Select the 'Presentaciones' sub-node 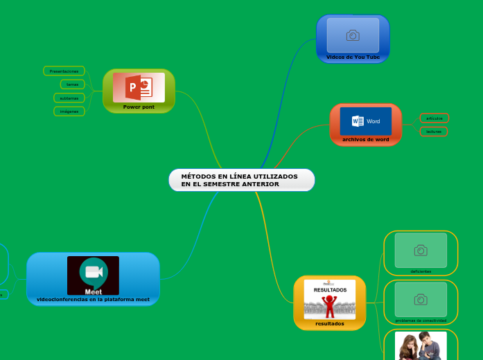(x=64, y=71)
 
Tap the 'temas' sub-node (x=72, y=84)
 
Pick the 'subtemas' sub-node (x=69, y=98)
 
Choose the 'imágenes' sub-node (x=69, y=111)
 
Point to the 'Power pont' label (x=139, y=107)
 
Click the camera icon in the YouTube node (x=353, y=35)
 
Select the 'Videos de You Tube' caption (x=353, y=57)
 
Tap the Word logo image (x=365, y=121)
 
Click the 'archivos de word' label (x=365, y=139)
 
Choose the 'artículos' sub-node (x=434, y=118)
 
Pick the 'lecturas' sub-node (x=434, y=131)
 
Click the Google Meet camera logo (x=93, y=272)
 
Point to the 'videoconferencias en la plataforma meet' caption (x=93, y=300)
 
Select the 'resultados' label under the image (x=329, y=323)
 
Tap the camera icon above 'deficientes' (x=420, y=250)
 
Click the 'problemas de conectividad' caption (x=421, y=321)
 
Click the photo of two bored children (x=421, y=345)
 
